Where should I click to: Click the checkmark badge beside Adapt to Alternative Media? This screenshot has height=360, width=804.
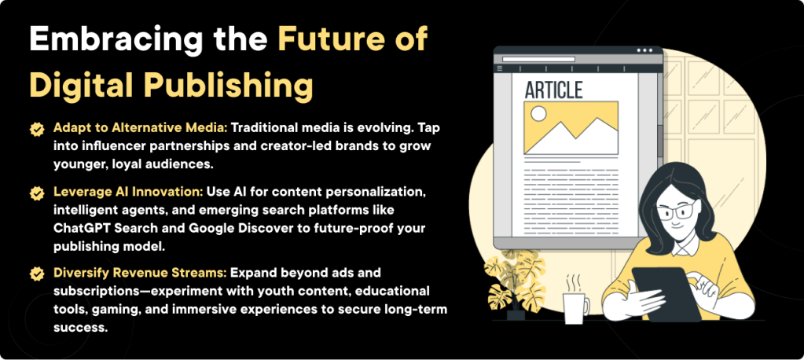[x=36, y=128]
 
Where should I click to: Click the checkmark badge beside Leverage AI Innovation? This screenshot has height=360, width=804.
[x=36, y=193]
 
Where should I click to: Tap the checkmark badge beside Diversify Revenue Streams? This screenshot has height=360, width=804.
[x=36, y=274]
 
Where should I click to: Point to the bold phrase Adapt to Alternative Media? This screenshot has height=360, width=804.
[x=139, y=127]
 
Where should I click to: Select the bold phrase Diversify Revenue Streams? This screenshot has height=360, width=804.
[x=140, y=273]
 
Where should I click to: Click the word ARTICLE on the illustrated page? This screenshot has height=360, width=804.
[x=553, y=90]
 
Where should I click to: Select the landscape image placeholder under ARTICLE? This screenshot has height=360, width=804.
[x=571, y=127]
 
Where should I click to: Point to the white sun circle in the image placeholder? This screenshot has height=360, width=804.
[x=538, y=114]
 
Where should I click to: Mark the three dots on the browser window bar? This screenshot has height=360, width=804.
[x=645, y=50]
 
